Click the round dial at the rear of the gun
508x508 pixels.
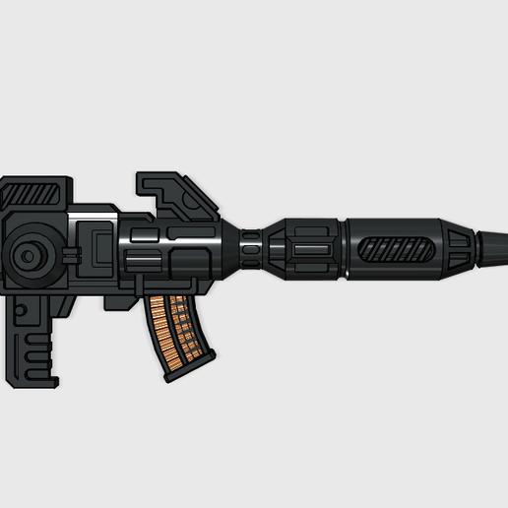pos(30,256)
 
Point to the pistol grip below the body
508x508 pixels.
pos(35,340)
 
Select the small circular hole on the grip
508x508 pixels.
pos(19,311)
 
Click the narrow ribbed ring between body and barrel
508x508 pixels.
pos(251,250)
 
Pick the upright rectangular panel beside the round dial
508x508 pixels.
pos(99,246)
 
